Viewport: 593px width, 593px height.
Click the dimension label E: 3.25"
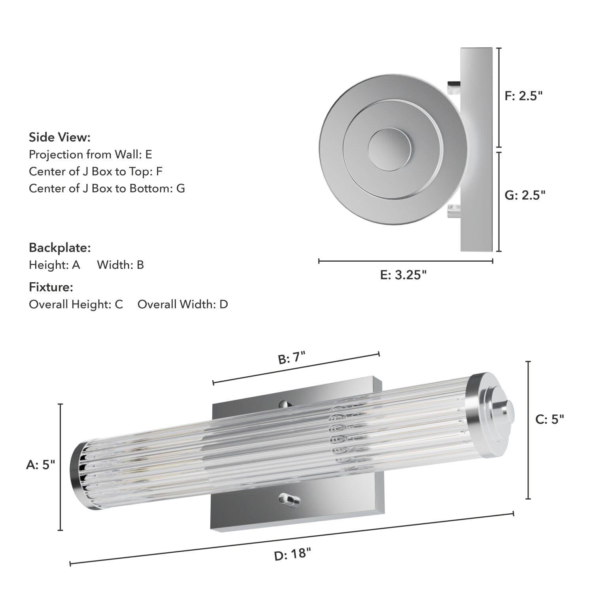403,275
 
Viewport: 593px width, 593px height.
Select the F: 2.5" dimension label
523,96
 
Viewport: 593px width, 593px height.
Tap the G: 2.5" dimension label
525,195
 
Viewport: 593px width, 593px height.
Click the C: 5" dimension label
550,419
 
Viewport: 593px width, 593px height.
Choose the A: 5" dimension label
40,465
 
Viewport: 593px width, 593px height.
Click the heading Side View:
60,138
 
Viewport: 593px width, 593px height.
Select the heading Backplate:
60,248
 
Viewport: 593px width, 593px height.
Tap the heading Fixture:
51,287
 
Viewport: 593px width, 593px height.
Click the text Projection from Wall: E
91,154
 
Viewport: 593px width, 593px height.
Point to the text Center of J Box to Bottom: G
107,188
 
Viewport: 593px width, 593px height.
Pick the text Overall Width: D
183,304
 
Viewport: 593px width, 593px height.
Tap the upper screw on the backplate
284,404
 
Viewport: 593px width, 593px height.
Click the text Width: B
121,265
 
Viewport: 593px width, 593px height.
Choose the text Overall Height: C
76,304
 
